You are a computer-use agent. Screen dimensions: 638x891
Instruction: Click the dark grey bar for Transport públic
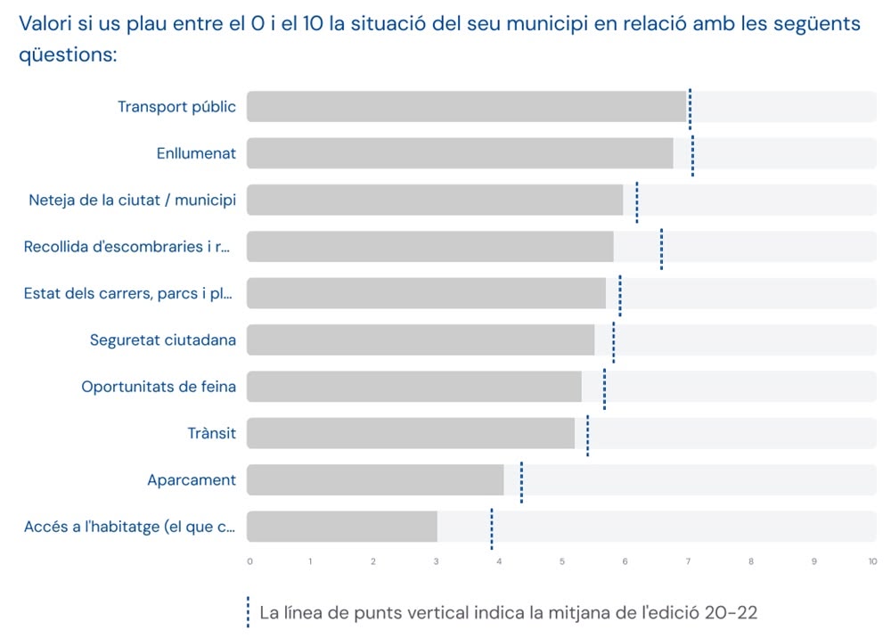click(466, 106)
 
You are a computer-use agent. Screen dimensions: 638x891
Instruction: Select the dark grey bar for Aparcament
click(375, 480)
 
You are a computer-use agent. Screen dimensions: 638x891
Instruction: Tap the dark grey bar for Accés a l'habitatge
click(342, 527)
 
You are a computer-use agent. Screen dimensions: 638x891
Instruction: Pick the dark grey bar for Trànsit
click(411, 433)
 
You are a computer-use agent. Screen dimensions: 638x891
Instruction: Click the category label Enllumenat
click(196, 153)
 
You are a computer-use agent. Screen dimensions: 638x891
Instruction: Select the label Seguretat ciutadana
click(163, 339)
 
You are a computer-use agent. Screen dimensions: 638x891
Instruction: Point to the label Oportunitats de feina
click(159, 387)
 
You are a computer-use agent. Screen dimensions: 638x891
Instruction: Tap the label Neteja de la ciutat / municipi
click(132, 200)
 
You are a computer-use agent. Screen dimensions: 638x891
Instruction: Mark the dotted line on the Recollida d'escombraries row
click(661, 248)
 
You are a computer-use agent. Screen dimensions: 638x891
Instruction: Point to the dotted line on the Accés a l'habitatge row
click(492, 528)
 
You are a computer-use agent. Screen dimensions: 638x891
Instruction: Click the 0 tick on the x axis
click(249, 561)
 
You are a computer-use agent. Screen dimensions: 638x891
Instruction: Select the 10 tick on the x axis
click(872, 561)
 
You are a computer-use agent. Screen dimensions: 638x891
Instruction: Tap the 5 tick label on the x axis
click(562, 561)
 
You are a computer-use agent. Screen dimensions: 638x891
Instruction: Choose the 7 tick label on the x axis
click(688, 561)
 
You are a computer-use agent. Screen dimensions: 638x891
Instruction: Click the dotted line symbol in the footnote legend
click(248, 612)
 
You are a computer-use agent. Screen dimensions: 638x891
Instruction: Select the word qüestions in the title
click(67, 54)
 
